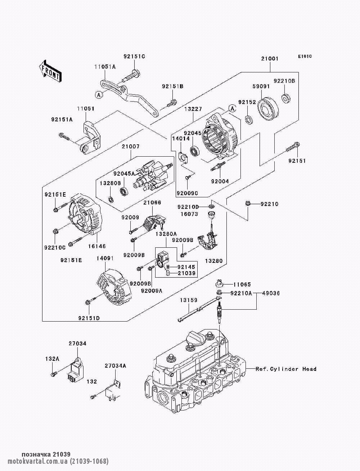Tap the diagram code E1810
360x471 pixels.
tap(304, 57)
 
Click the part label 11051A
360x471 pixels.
tap(105, 67)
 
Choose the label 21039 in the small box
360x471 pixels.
tap(186, 273)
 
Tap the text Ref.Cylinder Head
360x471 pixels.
tap(286, 369)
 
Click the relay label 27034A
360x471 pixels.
tap(116, 365)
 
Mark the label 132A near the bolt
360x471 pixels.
tap(52, 359)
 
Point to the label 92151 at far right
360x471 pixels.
tap(297, 161)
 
